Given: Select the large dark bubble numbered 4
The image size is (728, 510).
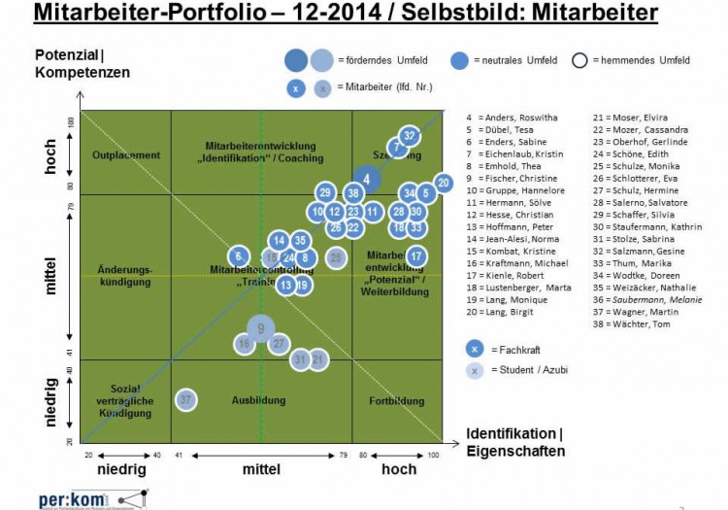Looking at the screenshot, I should click(366, 178).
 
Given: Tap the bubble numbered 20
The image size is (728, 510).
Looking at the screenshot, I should click(444, 183).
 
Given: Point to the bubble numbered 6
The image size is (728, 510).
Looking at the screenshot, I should click(238, 255).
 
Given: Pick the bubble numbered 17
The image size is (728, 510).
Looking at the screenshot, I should click(415, 255).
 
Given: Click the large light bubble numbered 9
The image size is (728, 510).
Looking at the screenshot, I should click(260, 328).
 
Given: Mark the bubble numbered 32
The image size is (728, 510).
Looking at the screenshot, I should click(411, 136).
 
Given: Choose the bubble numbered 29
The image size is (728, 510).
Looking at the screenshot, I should click(326, 192).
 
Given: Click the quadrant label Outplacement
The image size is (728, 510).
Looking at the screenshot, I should click(125, 155).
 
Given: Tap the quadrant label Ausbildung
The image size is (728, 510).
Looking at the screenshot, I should click(259, 400).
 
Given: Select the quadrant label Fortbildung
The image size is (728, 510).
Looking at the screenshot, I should click(397, 400).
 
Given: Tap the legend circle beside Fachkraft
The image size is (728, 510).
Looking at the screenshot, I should click(474, 349).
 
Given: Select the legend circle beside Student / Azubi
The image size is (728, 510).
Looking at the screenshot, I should click(474, 370).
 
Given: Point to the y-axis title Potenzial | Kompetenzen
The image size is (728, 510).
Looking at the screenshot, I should click(82, 62).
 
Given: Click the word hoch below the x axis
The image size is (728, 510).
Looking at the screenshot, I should click(398, 469).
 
